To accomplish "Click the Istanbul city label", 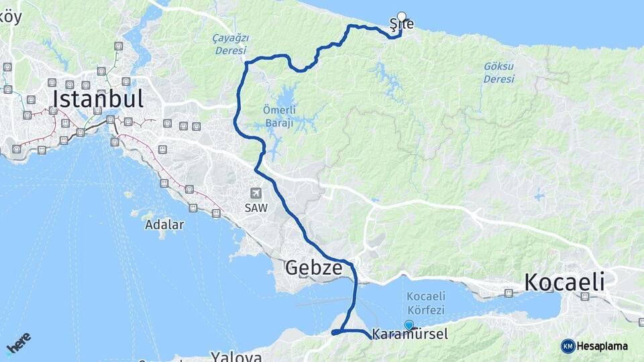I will tap(98, 99).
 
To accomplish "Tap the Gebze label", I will tap(314, 268).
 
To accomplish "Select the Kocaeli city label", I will tap(564, 282).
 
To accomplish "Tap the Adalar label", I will tap(164, 225).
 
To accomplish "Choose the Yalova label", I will tap(236, 356).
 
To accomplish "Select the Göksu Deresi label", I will tap(499, 72).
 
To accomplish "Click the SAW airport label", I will tap(256, 208).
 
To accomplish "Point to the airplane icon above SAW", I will tap(256, 193).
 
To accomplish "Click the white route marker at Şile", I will tap(402, 16).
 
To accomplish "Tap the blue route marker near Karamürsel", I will tap(409, 324).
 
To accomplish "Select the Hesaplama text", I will tap(602, 346).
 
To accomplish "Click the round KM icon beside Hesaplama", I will tap(568, 346).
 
